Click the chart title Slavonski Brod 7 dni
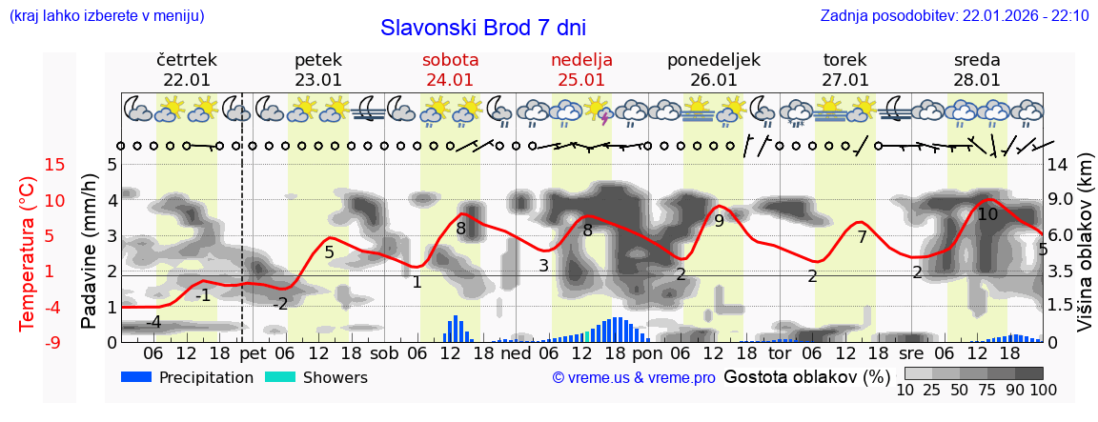pyautogui.click(x=483, y=28)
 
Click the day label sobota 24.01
pyautogui.click(x=450, y=70)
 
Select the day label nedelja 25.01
pyautogui.click(x=581, y=70)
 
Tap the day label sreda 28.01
pyautogui.click(x=977, y=70)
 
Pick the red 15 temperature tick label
pyautogui.click(x=29, y=165)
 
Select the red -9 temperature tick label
pyautogui.click(x=29, y=342)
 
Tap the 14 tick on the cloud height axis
pyautogui.click(x=1059, y=165)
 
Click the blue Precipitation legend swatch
pyautogui.click(x=137, y=377)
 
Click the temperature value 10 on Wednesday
pyautogui.click(x=987, y=214)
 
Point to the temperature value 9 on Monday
pyautogui.click(x=719, y=221)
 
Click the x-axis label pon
pyautogui.click(x=647, y=353)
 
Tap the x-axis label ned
pyautogui.click(x=516, y=353)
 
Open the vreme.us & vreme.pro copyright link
pyautogui.click(x=634, y=377)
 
